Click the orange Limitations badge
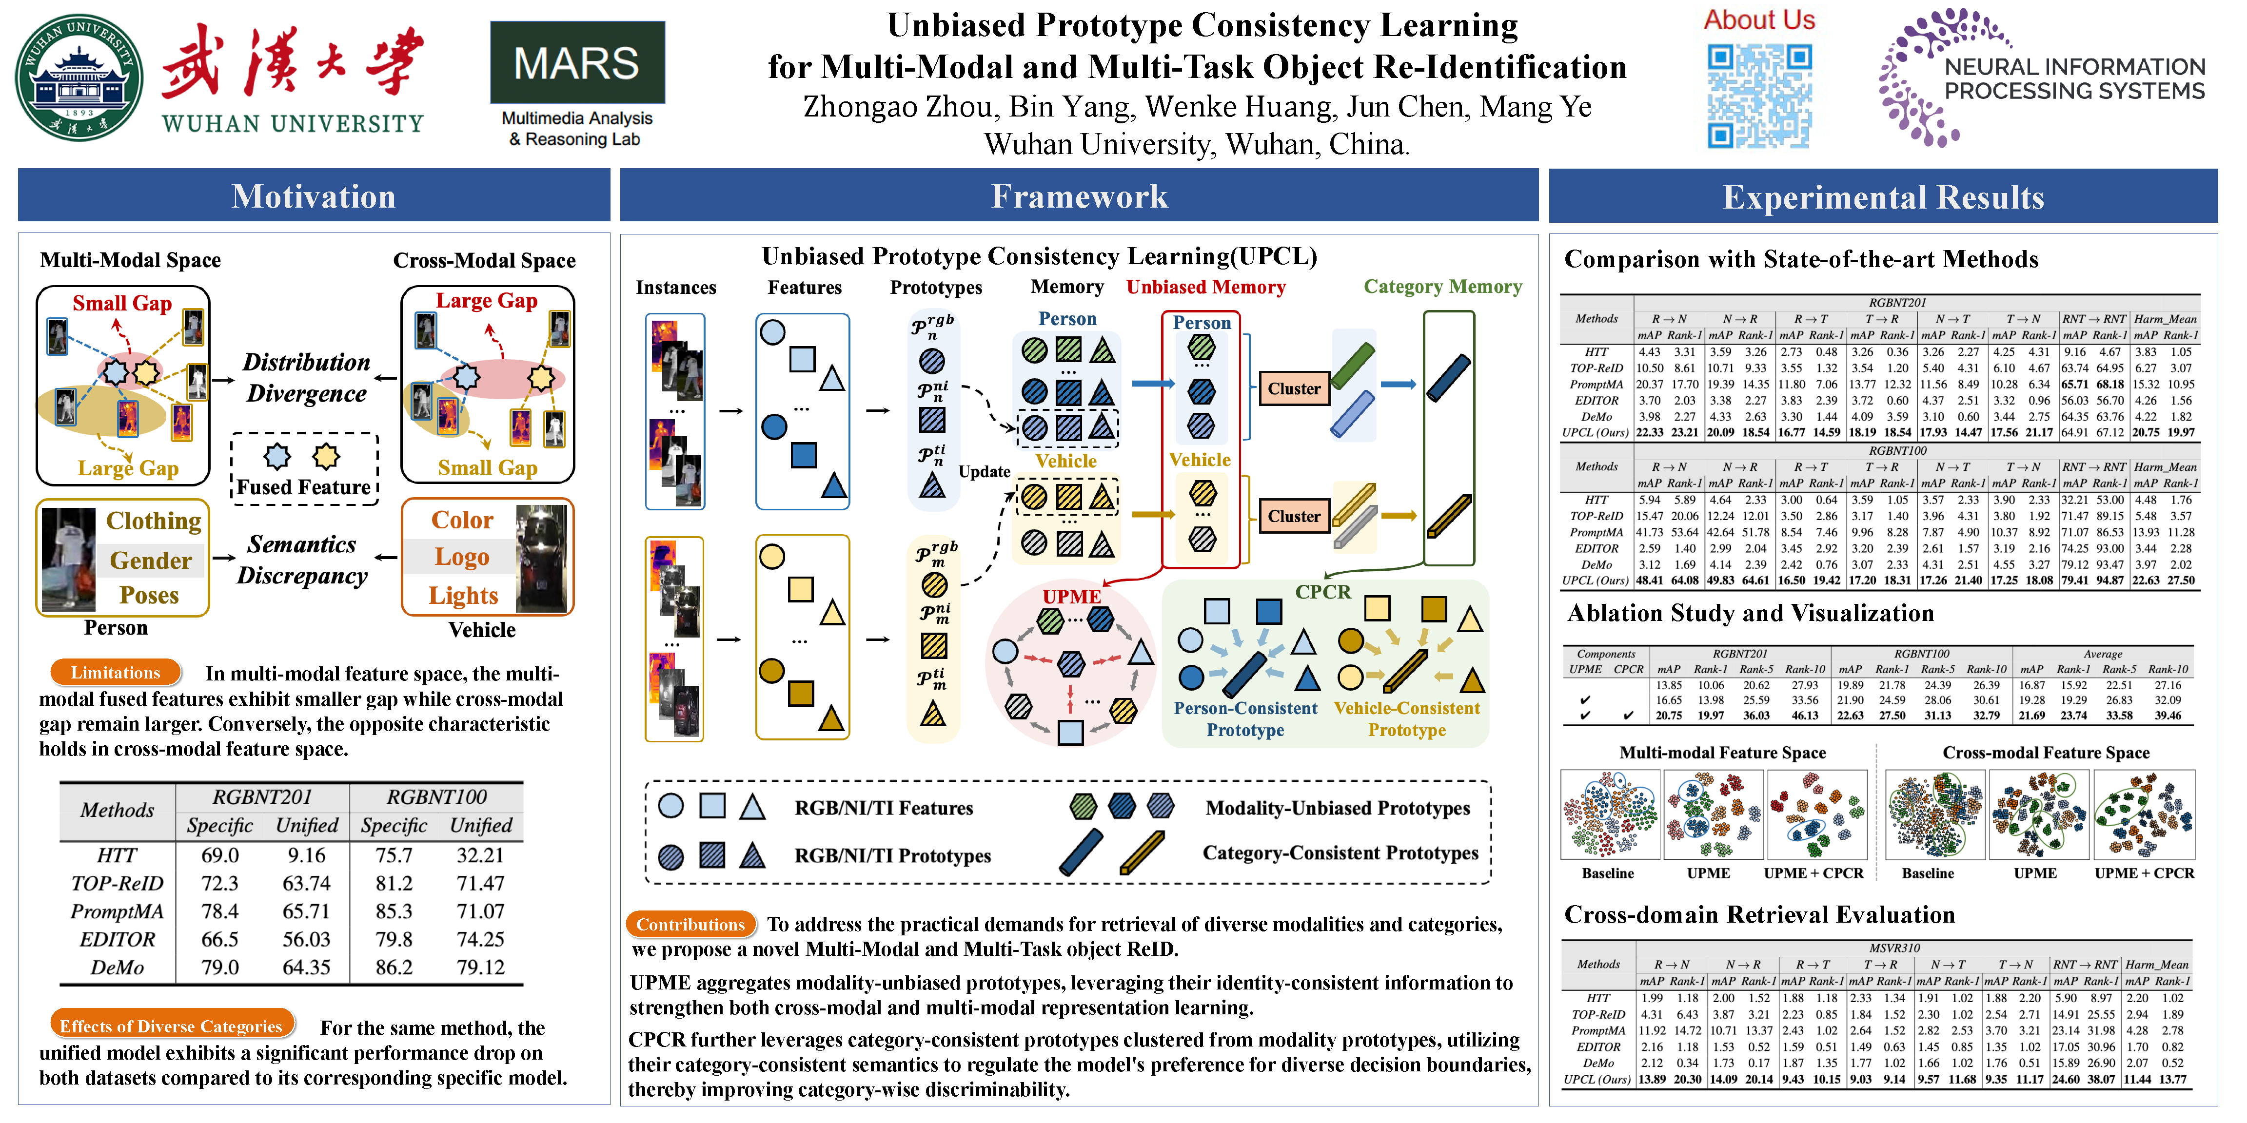(115, 672)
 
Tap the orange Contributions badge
(690, 924)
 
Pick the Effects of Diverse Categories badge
(171, 1026)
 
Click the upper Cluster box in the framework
(1294, 389)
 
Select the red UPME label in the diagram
(1071, 597)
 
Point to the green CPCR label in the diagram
(1322, 592)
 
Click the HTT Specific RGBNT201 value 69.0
(220, 855)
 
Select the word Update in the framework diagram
(984, 472)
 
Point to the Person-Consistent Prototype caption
(1245, 718)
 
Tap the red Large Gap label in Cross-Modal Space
(486, 301)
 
